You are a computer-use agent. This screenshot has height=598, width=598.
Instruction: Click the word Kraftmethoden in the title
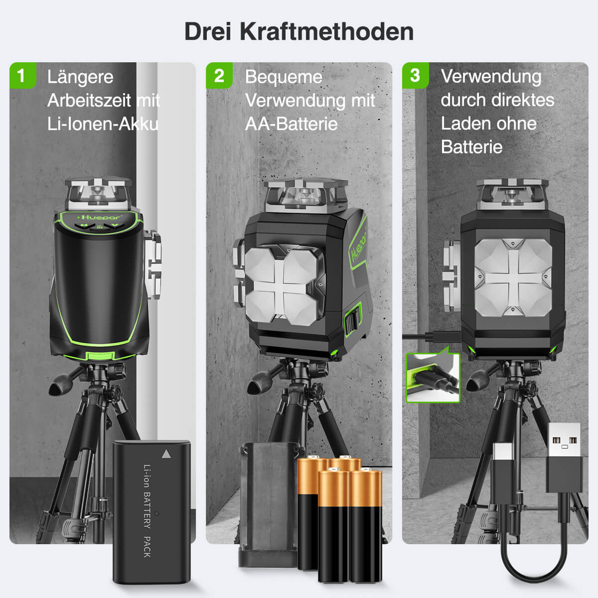click(x=326, y=31)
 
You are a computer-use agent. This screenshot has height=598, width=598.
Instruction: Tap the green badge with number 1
click(x=22, y=75)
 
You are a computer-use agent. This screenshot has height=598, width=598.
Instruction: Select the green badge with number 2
click(x=219, y=75)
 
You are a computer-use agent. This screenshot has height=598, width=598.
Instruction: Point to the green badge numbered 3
click(x=415, y=75)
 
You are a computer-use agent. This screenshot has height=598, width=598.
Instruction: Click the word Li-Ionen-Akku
click(x=103, y=124)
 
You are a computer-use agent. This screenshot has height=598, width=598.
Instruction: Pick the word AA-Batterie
click(x=291, y=124)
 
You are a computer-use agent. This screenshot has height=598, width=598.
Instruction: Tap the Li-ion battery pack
click(x=151, y=511)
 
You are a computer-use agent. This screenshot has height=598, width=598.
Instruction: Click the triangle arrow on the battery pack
click(x=166, y=454)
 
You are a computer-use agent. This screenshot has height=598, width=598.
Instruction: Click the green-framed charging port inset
click(x=433, y=378)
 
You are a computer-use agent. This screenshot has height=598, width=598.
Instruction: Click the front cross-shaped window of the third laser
click(x=513, y=277)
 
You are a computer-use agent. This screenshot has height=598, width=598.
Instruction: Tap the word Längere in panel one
click(x=80, y=77)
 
